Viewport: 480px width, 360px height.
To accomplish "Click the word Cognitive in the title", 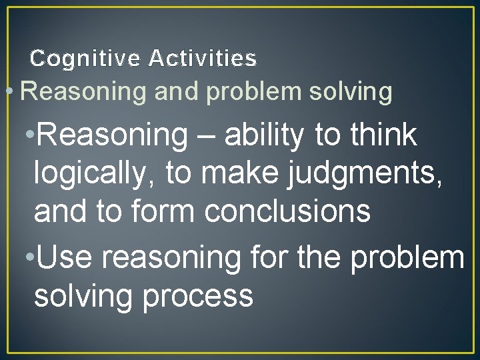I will pyautogui.click(x=85, y=59).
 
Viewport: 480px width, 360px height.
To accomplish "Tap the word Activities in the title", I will pyautogui.click(x=203, y=59).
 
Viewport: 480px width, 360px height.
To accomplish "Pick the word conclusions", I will pyautogui.click(x=287, y=211).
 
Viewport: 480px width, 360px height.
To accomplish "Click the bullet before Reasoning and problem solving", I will pyautogui.click(x=8, y=92).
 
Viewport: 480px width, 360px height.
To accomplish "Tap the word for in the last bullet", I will pyautogui.click(x=266, y=257).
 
